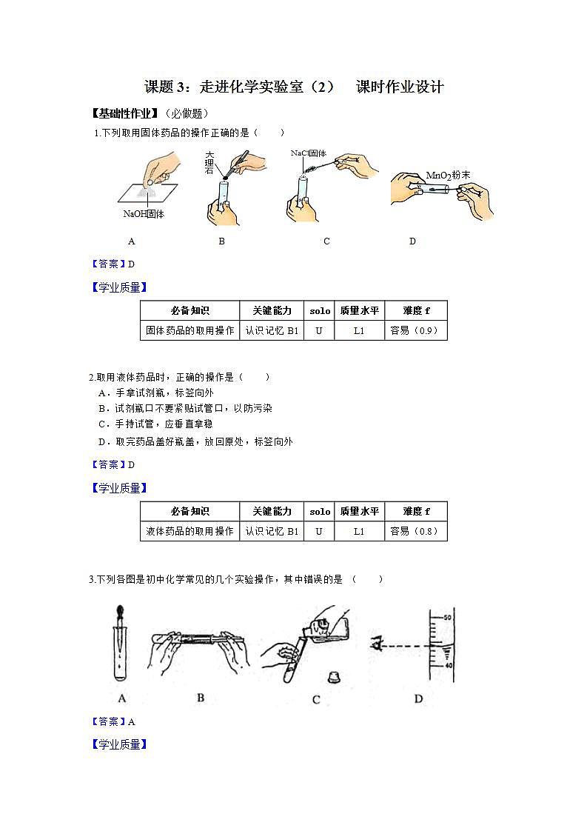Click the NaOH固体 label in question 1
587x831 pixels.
coord(144,214)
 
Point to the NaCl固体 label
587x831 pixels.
coord(309,153)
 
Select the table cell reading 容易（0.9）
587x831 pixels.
coord(415,330)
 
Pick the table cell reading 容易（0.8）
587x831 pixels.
coord(415,531)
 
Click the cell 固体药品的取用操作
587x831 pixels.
coord(189,330)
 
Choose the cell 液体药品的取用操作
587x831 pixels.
coord(189,531)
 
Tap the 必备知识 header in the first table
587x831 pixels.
coord(189,311)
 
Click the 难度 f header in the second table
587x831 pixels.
coord(415,511)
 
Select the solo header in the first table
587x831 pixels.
coord(320,311)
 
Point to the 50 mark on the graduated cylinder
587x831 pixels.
coord(446,617)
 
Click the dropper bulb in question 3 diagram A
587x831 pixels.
coord(121,613)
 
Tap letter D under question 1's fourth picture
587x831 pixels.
coord(412,241)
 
